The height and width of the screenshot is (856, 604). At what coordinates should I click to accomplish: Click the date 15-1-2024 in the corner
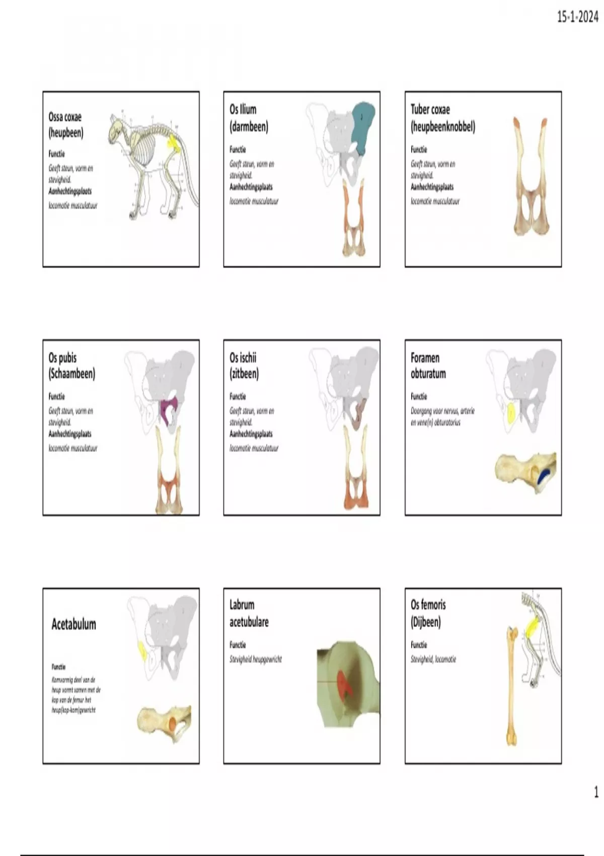[x=577, y=17]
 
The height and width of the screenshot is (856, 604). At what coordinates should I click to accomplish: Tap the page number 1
[x=596, y=792]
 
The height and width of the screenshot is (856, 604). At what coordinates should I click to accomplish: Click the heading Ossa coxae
[x=65, y=117]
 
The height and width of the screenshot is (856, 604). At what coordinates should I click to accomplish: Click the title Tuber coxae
[x=430, y=109]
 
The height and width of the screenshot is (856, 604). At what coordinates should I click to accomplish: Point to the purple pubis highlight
[x=166, y=408]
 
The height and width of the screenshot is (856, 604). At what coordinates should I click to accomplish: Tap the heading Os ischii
[x=243, y=358]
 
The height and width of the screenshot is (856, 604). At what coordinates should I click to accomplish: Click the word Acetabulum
[x=73, y=624]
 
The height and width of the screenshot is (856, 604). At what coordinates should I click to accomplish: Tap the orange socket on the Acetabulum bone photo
[x=172, y=724]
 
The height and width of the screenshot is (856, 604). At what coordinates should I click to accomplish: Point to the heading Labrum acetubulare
[x=249, y=613]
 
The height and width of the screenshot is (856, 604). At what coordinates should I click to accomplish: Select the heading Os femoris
[x=428, y=604]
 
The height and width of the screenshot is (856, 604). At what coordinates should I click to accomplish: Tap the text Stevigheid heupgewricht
[x=256, y=659]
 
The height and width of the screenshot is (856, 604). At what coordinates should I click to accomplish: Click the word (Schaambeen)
[x=72, y=374]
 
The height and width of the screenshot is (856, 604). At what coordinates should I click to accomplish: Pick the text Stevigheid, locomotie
[x=433, y=659]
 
